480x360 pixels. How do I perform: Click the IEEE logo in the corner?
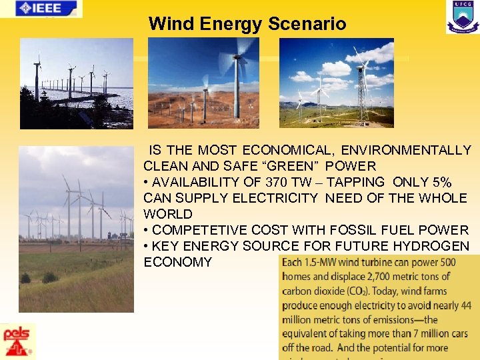click(41, 9)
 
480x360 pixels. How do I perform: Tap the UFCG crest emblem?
click(462, 17)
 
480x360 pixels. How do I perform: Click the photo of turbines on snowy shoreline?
click(76, 83)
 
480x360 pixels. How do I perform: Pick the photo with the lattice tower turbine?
click(336, 83)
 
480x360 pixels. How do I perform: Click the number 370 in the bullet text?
click(278, 182)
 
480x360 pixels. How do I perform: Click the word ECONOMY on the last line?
click(177, 262)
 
